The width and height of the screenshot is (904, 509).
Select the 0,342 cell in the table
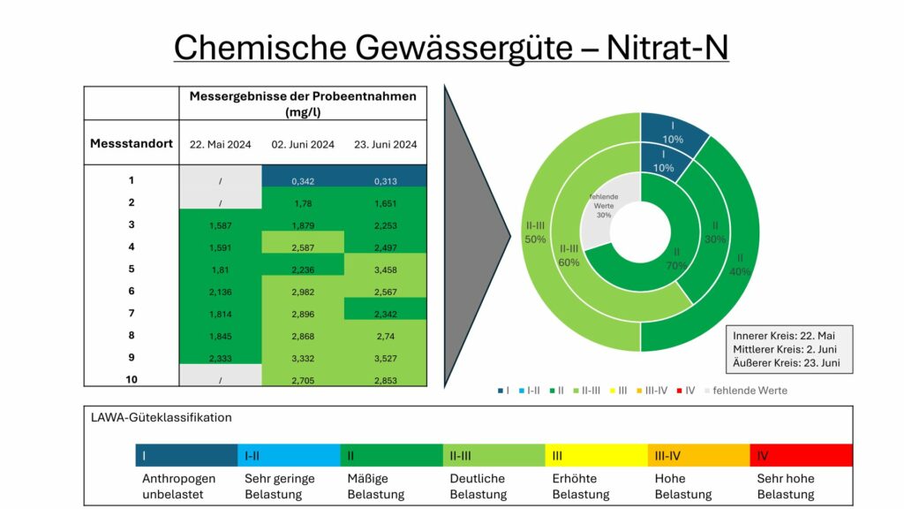click(303, 180)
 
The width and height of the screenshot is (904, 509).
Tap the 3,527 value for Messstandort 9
click(385, 358)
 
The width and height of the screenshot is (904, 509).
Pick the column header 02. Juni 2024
click(303, 144)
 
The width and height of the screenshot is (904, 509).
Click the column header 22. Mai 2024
click(221, 144)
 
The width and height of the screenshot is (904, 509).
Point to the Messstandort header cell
click(132, 143)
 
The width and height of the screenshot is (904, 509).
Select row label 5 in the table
click(132, 269)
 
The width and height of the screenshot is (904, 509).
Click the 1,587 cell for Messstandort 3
click(221, 224)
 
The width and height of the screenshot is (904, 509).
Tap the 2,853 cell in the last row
click(385, 380)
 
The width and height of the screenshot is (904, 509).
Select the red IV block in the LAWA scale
click(801, 455)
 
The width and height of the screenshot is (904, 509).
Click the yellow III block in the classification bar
click(596, 455)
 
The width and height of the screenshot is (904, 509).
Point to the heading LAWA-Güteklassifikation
click(162, 417)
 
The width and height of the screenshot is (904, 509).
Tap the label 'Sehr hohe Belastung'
click(786, 486)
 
